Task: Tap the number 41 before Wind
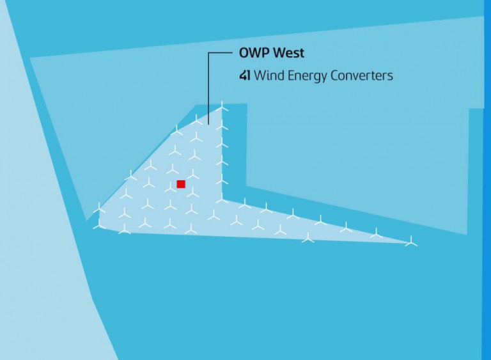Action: click(244, 75)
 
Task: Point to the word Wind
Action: click(267, 75)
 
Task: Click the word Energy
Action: click(304, 76)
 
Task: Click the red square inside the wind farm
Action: click(181, 184)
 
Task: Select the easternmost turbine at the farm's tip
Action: click(411, 242)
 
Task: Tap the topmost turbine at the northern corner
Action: click(222, 106)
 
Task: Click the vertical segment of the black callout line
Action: click(209, 83)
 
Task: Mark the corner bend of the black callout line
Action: click(209, 53)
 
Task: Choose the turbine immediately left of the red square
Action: click(170, 187)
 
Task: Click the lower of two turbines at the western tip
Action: click(99, 224)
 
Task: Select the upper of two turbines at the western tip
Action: click(99, 208)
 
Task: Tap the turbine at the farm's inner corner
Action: click(222, 200)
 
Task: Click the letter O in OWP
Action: click(244, 52)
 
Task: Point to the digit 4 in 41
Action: click(242, 75)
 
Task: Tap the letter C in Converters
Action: click(335, 75)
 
